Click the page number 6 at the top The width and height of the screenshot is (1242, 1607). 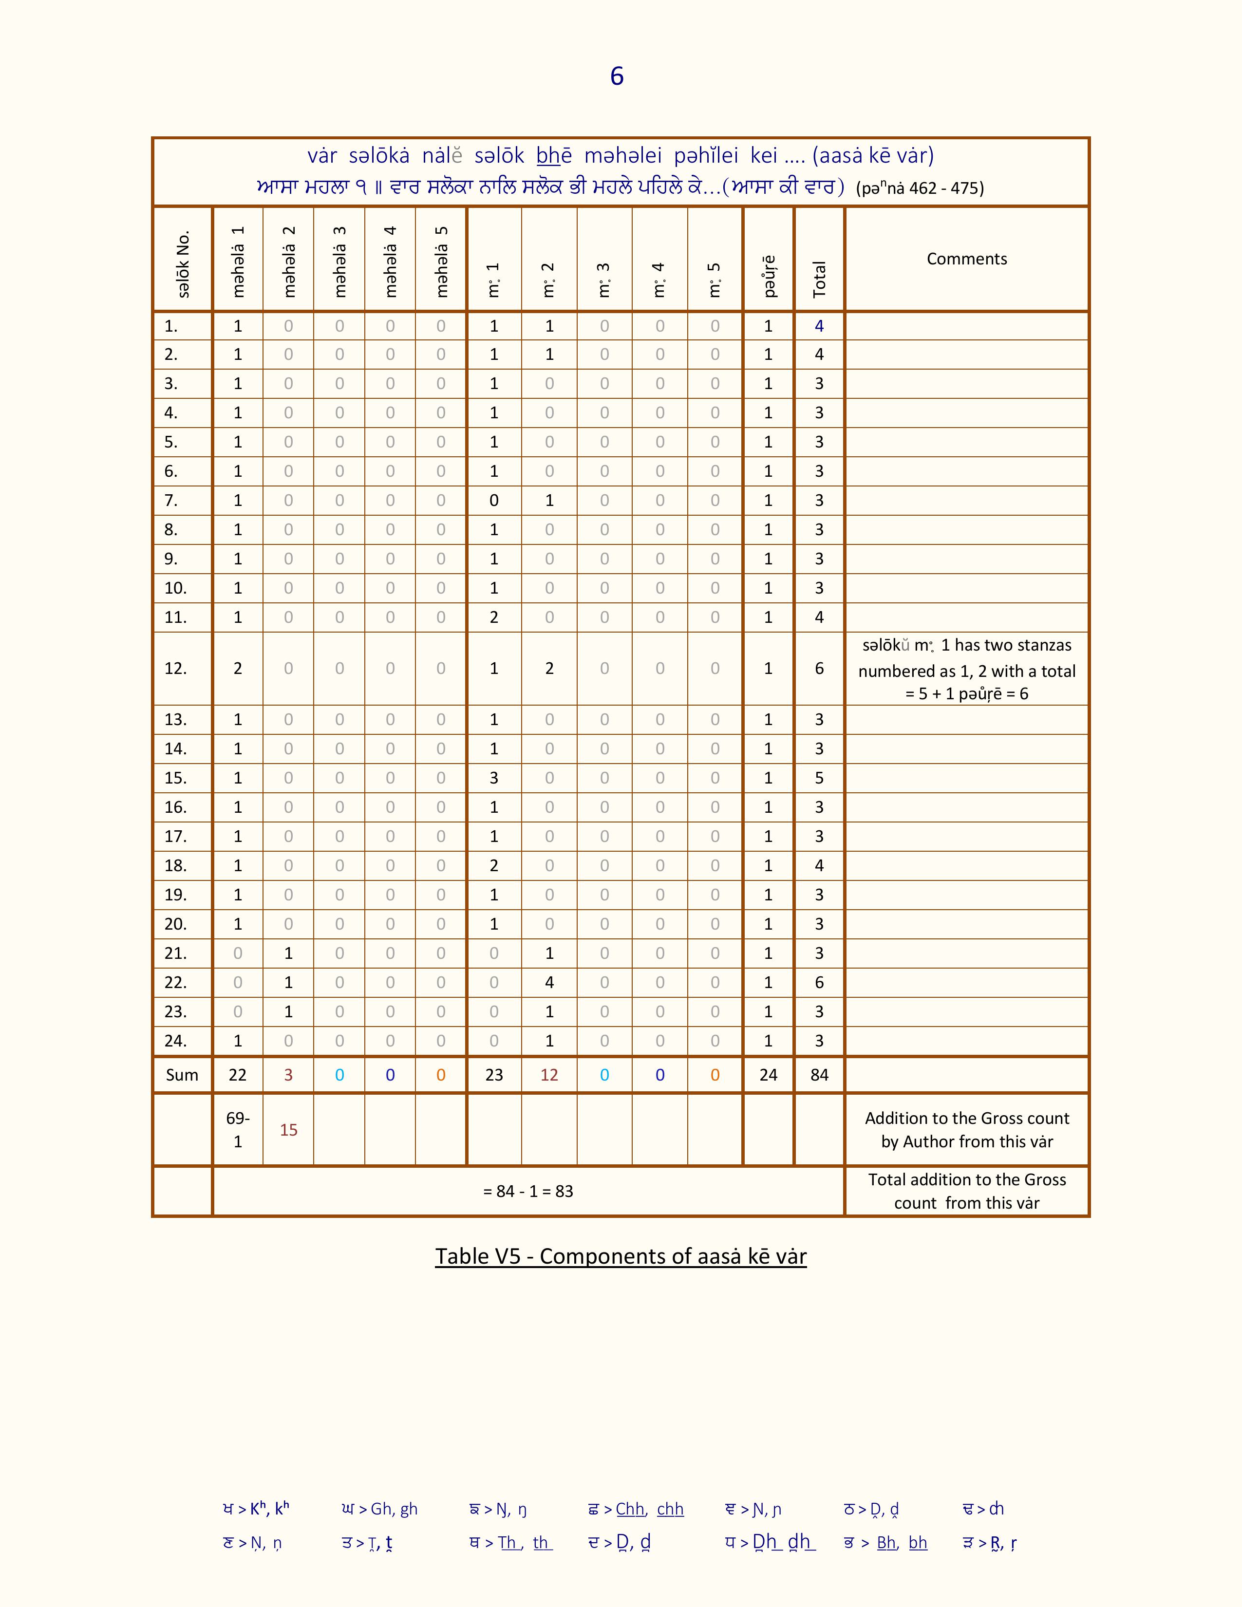617,76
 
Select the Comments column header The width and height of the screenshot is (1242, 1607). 966,259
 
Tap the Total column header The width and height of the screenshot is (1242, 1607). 819,279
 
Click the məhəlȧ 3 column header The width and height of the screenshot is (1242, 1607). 339,261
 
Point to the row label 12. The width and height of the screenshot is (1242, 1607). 175,668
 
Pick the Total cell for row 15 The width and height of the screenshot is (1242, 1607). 819,778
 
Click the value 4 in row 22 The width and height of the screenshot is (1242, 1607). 549,982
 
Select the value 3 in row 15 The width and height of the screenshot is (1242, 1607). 494,778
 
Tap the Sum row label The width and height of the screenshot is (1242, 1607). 182,1075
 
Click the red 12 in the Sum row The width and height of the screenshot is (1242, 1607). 549,1075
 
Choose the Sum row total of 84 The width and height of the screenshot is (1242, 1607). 819,1075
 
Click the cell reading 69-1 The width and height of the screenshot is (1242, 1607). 238,1129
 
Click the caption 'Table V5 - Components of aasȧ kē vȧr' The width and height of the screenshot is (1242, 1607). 620,1256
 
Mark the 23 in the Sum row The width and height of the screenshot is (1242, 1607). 494,1075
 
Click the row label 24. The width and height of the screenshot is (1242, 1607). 175,1041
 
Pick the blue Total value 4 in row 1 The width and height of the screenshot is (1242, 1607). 819,326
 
